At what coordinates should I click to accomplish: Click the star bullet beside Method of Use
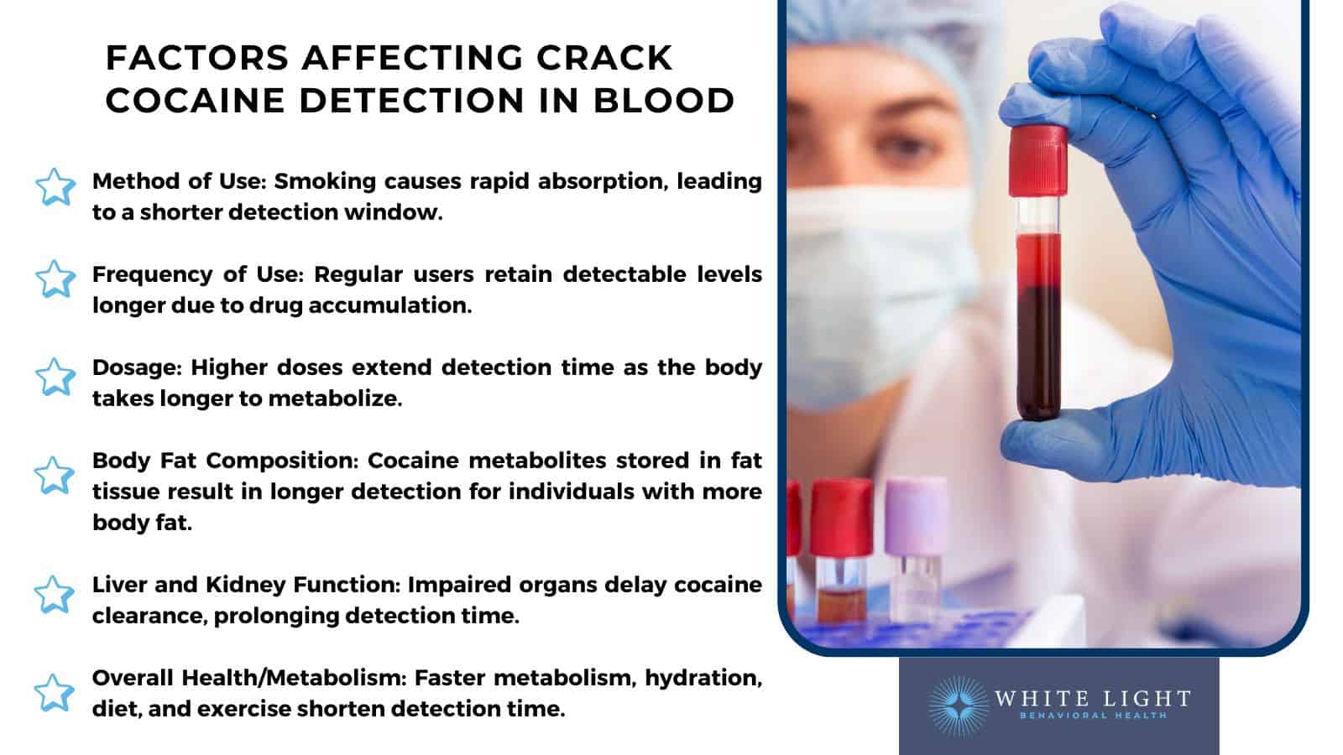(x=55, y=187)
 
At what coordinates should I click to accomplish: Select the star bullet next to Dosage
(x=55, y=377)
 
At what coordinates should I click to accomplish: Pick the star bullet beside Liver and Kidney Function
(x=55, y=594)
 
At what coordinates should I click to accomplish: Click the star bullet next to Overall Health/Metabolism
(x=55, y=693)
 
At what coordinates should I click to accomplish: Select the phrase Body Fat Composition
(x=224, y=461)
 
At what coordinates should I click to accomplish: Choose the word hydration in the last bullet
(x=703, y=678)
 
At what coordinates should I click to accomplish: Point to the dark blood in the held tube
(x=1038, y=352)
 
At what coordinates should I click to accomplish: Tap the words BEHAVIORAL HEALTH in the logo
(x=1092, y=716)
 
